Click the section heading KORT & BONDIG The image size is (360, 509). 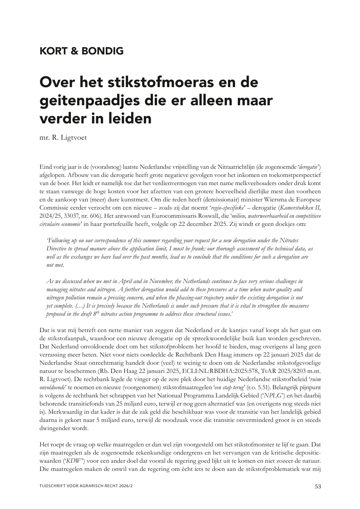pos(82,51)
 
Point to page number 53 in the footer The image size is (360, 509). pos(318,487)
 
